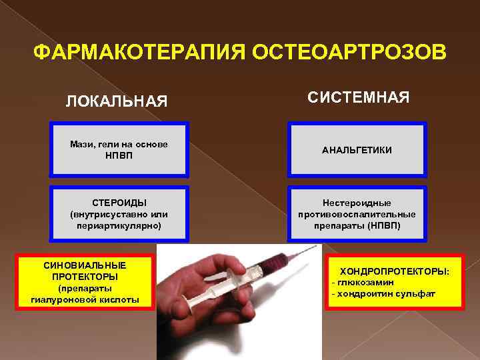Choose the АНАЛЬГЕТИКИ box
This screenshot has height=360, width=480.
pyautogui.click(x=357, y=150)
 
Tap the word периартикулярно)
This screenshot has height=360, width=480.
pyautogui.click(x=119, y=226)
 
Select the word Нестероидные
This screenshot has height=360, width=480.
pyautogui.click(x=357, y=203)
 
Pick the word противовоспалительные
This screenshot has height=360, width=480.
pyautogui.click(x=357, y=214)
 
